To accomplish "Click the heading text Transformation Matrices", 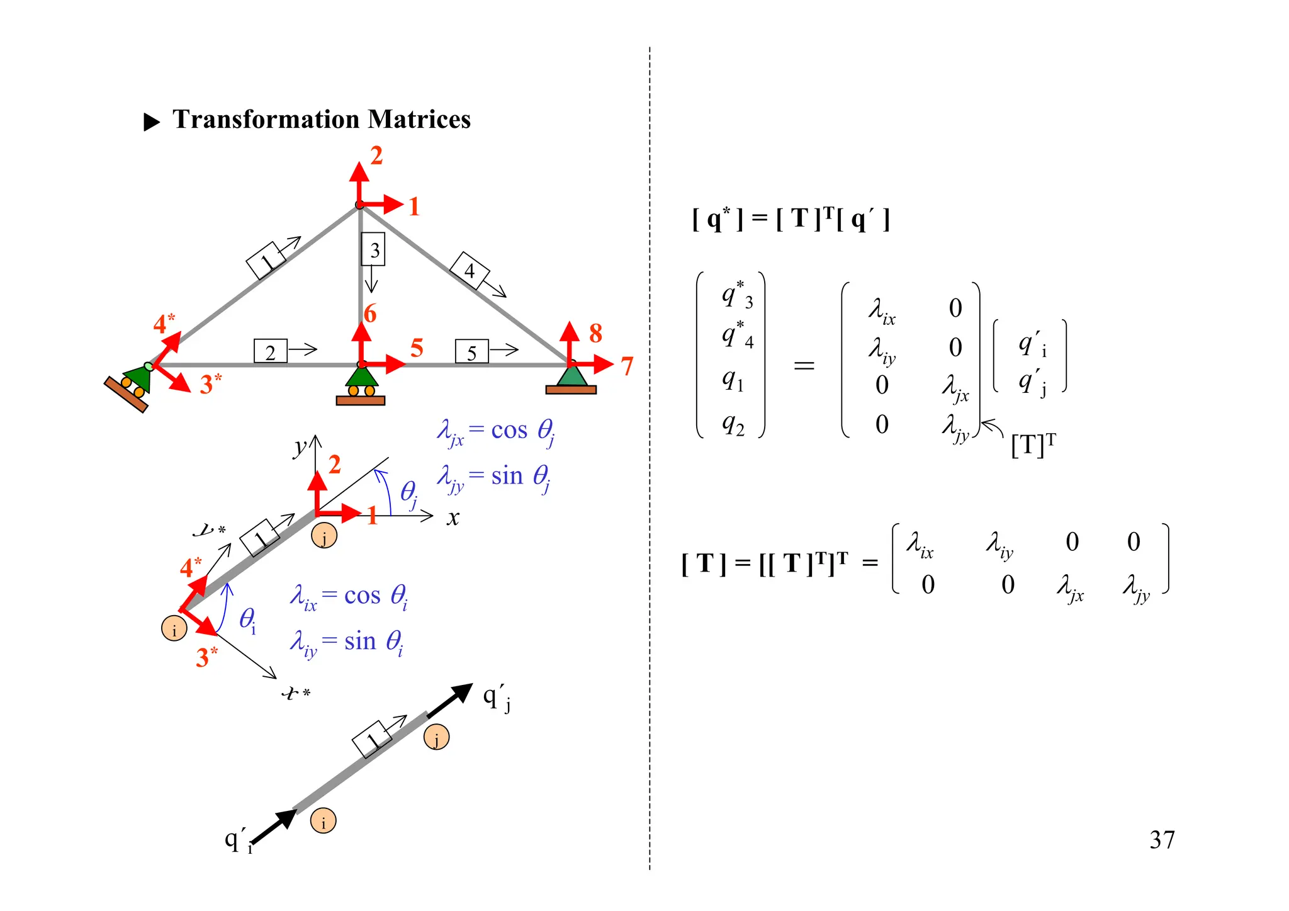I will coord(321,120).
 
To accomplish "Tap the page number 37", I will coord(1161,840).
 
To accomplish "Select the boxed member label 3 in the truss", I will coord(373,250).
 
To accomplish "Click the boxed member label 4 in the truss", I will coord(470,270).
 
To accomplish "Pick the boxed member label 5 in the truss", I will coord(471,353).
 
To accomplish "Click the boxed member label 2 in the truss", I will coord(270,352).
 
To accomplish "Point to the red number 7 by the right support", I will coord(626,366).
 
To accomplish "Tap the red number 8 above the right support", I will coord(595,334).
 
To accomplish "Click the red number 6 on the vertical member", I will coord(370,314).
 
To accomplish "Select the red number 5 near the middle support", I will coord(416,348).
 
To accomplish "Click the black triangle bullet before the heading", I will coord(152,122).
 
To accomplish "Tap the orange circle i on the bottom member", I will coord(324,821).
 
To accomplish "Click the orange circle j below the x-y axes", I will coord(324,536).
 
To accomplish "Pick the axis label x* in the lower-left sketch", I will coord(295,693).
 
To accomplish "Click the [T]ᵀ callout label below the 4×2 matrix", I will coord(1033,445).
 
